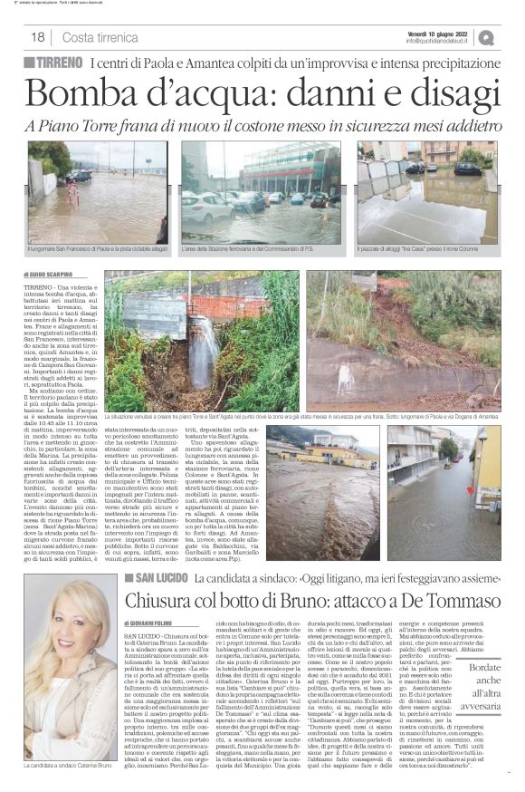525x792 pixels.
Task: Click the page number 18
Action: pyautogui.click(x=37, y=37)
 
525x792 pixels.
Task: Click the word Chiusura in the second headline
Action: pyautogui.click(x=173, y=576)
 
